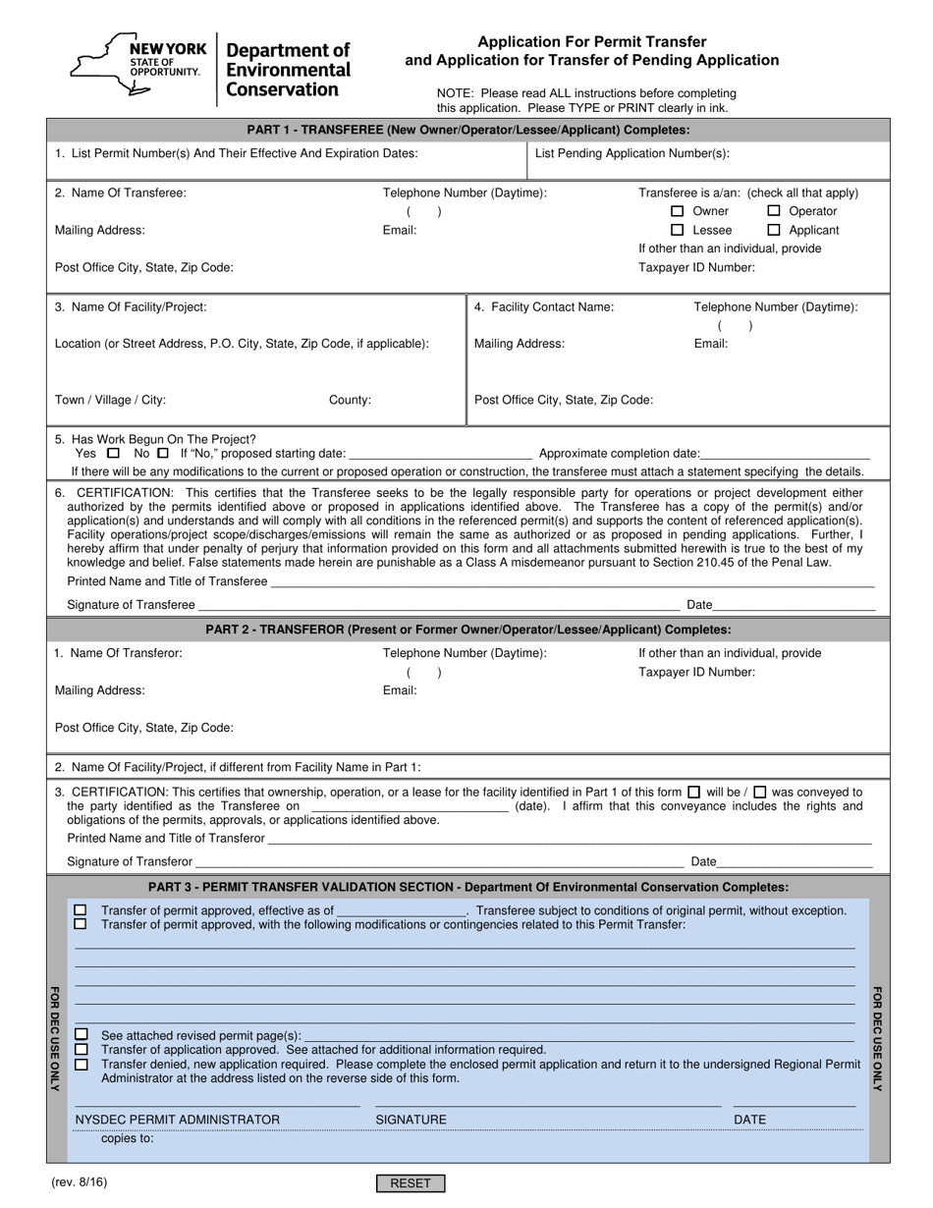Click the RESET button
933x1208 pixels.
[411, 1183]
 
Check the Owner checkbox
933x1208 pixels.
[677, 211]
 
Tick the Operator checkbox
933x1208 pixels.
[774, 211]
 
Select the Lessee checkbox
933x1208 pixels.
[677, 230]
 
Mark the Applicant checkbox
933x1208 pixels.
[774, 230]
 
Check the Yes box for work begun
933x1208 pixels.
[113, 454]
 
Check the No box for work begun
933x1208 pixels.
[163, 454]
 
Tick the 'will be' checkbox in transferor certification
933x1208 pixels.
[694, 793]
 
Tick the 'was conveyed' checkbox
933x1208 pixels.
[759, 793]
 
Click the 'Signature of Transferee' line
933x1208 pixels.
[438, 605]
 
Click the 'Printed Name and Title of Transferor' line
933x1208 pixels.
[570, 839]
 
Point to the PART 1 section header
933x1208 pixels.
[467, 130]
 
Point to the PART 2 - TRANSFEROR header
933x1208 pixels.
[467, 630]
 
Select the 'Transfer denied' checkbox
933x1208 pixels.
[81, 1064]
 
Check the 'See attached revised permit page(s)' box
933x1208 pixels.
[81, 1034]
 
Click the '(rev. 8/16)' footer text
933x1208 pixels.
[80, 1182]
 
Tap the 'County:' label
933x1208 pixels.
[350, 400]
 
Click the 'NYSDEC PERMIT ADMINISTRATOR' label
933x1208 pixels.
[178, 1120]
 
